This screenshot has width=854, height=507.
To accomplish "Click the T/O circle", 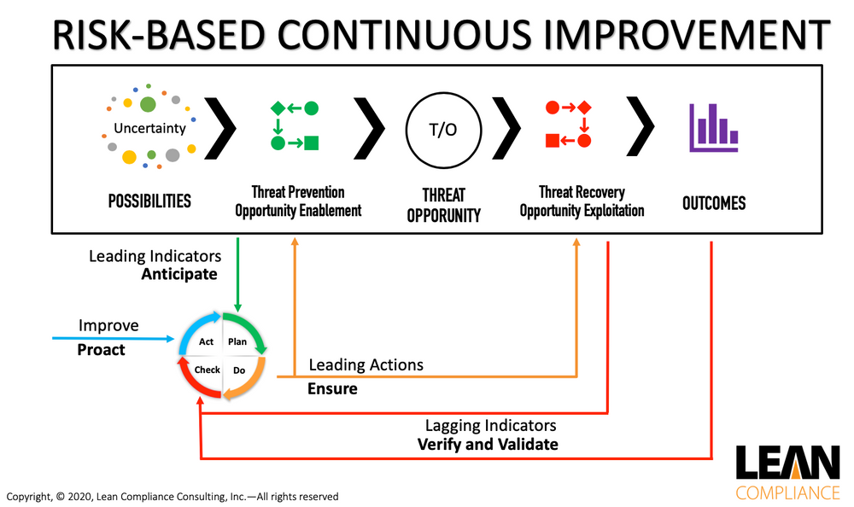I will (442, 130).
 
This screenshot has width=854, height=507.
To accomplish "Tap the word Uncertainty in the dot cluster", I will (149, 129).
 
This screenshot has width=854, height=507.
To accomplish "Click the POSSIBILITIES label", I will (149, 201).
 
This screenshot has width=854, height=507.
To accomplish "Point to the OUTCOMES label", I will (714, 203).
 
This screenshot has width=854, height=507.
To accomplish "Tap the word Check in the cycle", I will (208, 370).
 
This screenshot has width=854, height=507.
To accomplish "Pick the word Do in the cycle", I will (238, 370).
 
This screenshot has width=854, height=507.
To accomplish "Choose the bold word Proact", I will (101, 349).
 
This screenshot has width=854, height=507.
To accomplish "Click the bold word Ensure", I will (332, 389).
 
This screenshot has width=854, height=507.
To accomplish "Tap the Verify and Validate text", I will (487, 444).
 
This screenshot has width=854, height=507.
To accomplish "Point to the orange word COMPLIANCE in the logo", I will (787, 492).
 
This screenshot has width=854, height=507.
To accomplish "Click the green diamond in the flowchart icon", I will (278, 108).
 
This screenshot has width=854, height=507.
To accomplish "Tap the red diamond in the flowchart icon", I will (584, 108).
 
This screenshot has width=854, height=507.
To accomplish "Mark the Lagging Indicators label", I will (490, 425).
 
